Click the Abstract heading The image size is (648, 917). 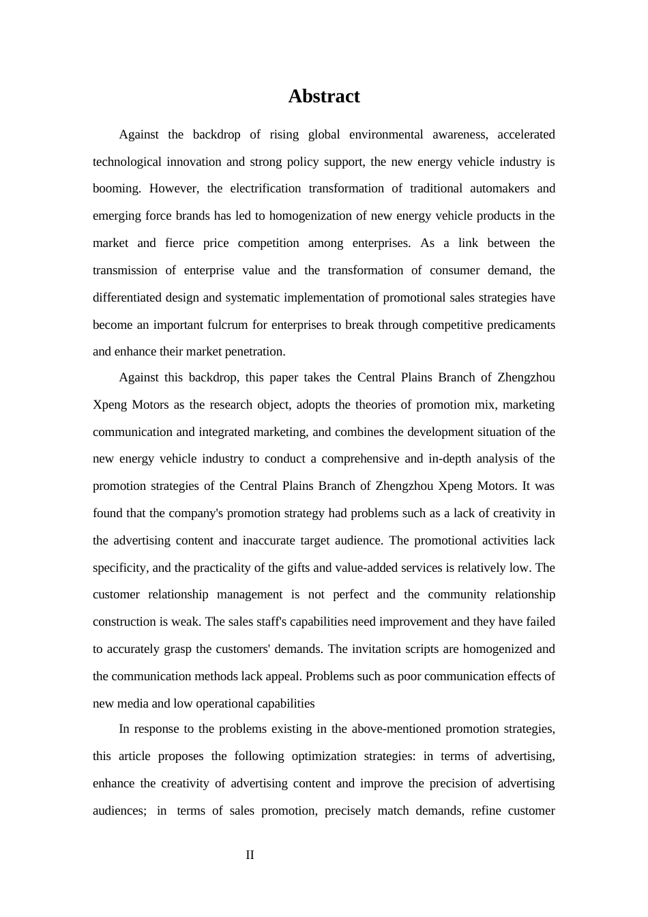323,96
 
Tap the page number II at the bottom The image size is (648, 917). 250,855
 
